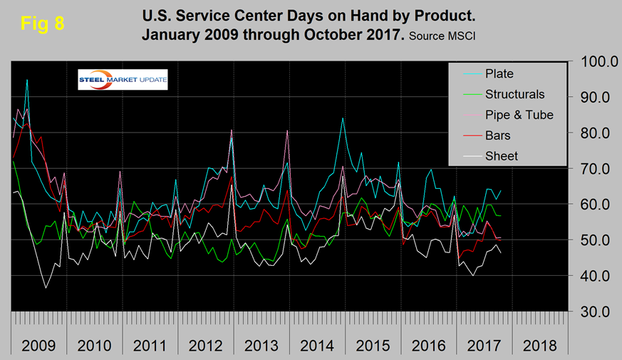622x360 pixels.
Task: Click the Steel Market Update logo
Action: [x=123, y=80]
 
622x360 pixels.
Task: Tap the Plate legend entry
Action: [x=499, y=73]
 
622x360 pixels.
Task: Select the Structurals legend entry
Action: [x=514, y=94]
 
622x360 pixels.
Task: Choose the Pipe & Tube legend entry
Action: [x=519, y=115]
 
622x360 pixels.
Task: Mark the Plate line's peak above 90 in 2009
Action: [x=27, y=81]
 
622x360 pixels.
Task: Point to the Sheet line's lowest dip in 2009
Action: [x=46, y=288]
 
